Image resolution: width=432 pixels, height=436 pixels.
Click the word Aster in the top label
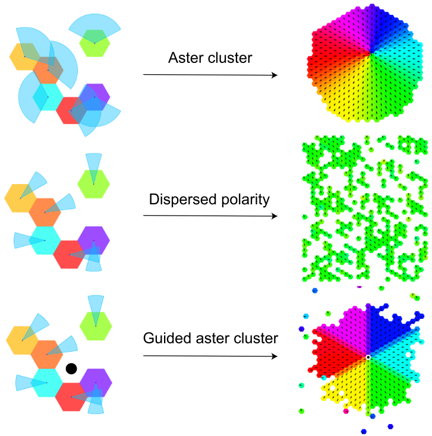pos(186,58)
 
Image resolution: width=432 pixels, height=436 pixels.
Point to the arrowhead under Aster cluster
pos(275,75)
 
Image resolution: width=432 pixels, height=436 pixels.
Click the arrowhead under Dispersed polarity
pos(275,216)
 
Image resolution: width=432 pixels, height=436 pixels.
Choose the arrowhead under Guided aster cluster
pos(275,356)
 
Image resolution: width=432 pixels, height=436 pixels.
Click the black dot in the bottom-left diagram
pos(71,369)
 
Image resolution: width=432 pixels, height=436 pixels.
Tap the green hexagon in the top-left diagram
pos(94,43)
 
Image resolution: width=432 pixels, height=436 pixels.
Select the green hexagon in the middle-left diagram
pos(94,184)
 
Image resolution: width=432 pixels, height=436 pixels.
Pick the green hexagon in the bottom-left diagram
pos(95,324)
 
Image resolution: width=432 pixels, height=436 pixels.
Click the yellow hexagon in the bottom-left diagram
pos(23,340)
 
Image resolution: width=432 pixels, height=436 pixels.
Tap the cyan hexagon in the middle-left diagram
pos(45,241)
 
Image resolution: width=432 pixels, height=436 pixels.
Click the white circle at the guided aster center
pos(368,357)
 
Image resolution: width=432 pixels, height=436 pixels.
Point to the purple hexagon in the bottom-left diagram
pos(94,382)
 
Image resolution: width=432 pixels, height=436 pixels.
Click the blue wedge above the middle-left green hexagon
pos(93,163)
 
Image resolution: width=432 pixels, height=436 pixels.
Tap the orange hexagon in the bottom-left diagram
pos(47,354)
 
